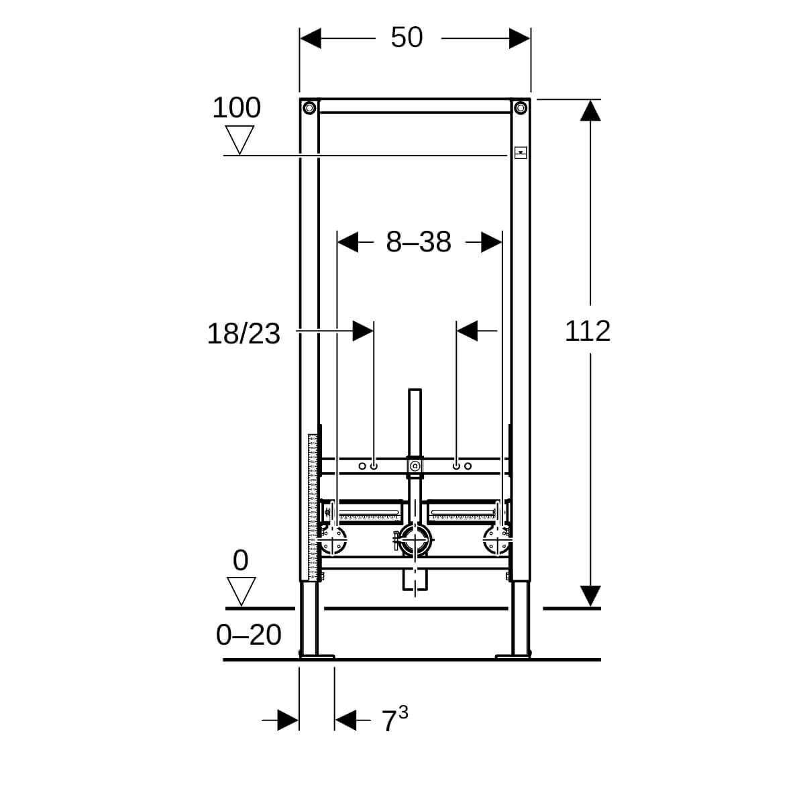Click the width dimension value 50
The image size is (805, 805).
(407, 37)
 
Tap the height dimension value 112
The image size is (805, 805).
(588, 331)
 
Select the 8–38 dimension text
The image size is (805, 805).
(418, 241)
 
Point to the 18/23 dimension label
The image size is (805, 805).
(244, 334)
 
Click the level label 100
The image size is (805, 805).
(236, 107)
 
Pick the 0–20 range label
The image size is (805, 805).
(249, 635)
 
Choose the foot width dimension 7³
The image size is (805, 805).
(394, 719)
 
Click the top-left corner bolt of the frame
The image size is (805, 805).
(309, 108)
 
